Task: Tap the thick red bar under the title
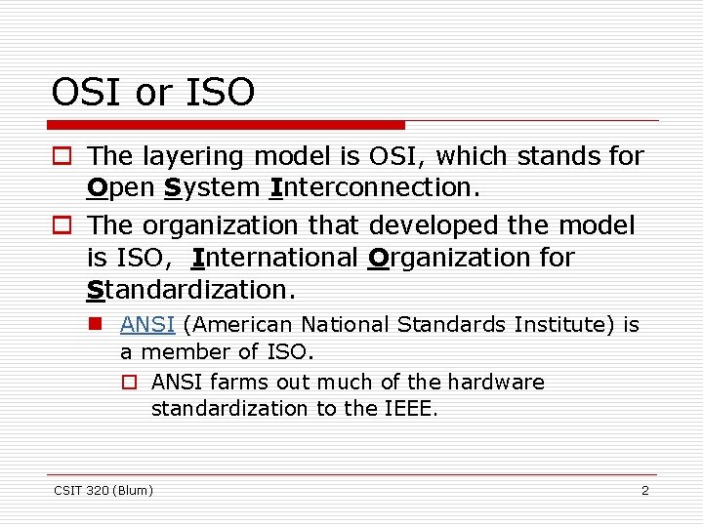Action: [227, 125]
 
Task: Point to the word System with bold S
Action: [212, 187]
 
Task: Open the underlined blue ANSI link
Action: [146, 324]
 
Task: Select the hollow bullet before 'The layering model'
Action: [62, 156]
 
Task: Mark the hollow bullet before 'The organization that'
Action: [62, 225]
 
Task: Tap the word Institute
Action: [565, 324]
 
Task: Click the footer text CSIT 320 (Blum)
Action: [103, 490]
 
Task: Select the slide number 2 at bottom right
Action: [644, 490]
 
